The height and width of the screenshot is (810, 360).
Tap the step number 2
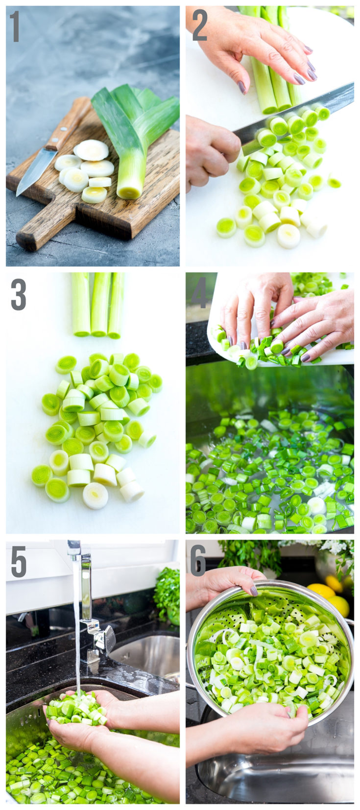(199, 25)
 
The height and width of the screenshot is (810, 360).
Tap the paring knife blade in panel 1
(34, 169)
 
